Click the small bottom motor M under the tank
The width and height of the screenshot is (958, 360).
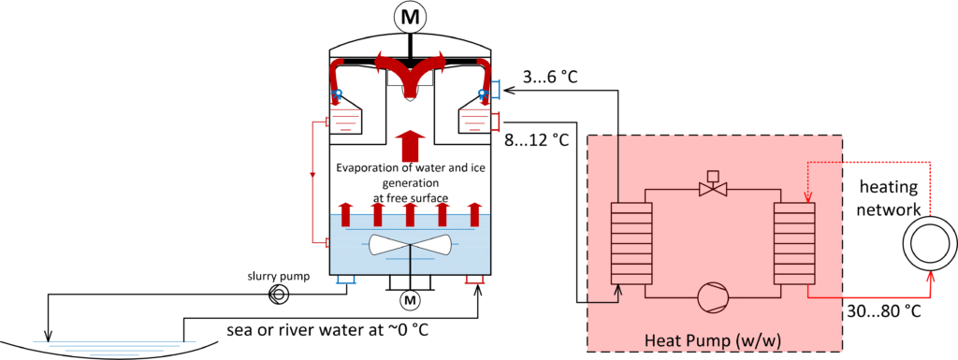pyautogui.click(x=410, y=300)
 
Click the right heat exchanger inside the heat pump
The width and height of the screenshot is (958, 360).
pyautogui.click(x=794, y=242)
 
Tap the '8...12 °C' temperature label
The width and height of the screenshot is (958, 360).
pyautogui.click(x=536, y=140)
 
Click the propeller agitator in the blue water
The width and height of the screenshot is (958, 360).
pyautogui.click(x=411, y=245)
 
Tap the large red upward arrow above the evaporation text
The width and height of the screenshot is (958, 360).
pyautogui.click(x=410, y=146)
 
